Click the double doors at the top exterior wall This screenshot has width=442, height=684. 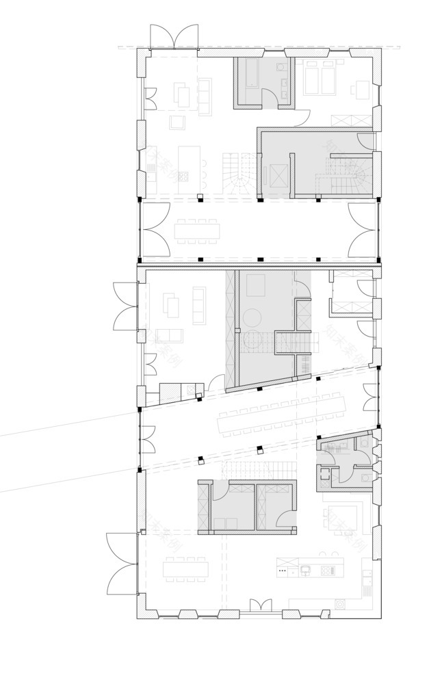coord(174,38)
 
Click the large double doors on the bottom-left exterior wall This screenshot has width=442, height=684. coord(123,564)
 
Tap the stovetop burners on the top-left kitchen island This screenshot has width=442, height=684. coord(183,176)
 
